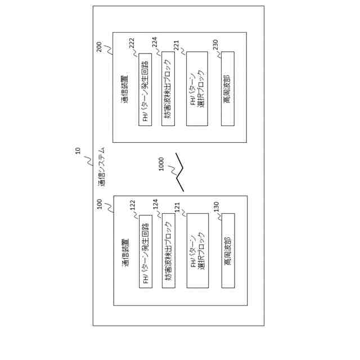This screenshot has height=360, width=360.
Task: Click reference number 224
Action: (x=155, y=43)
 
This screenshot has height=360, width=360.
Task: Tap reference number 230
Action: (x=215, y=44)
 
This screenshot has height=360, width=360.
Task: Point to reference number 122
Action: (x=133, y=205)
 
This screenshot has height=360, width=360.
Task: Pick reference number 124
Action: (x=155, y=204)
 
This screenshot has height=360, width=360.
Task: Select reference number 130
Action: (x=216, y=206)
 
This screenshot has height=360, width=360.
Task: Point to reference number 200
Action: (x=99, y=47)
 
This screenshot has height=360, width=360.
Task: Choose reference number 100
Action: (x=100, y=204)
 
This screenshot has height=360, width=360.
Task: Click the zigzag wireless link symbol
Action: (x=179, y=172)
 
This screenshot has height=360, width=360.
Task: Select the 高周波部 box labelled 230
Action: (x=228, y=88)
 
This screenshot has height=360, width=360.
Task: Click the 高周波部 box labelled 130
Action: (x=228, y=250)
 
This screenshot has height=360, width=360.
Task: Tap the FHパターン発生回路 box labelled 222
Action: (x=145, y=89)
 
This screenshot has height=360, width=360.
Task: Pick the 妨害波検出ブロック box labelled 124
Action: (x=168, y=250)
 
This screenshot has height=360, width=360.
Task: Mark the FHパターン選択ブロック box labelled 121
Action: (x=197, y=250)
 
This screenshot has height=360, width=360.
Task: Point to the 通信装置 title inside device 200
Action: (x=124, y=90)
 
